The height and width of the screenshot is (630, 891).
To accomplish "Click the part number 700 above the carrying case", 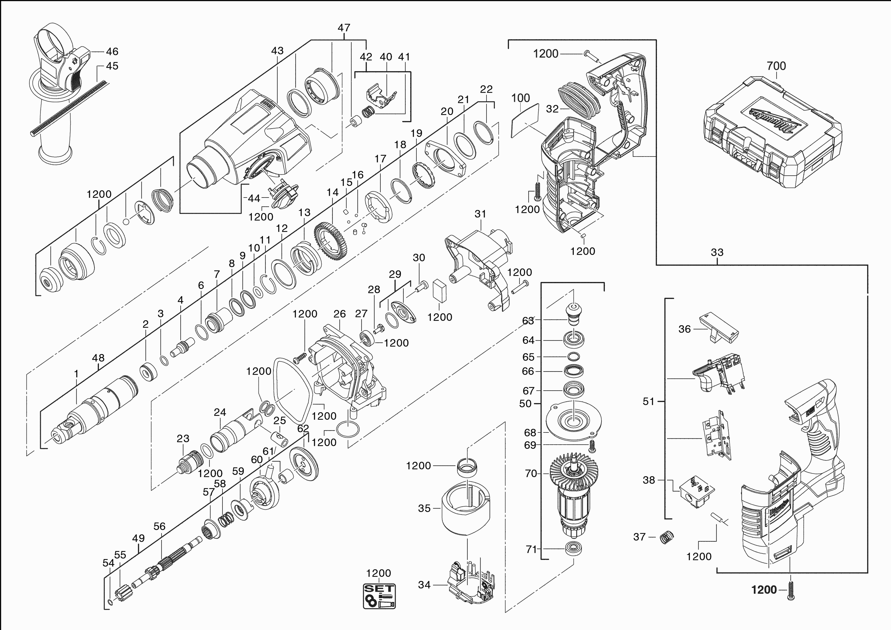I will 776,66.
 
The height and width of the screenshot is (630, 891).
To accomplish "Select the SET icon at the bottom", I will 379,596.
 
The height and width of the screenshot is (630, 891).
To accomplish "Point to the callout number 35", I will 424,508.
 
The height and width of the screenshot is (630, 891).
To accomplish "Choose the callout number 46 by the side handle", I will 112,51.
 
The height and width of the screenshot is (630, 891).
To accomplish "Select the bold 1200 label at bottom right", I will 764,590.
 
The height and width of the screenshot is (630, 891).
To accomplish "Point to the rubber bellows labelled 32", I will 579,102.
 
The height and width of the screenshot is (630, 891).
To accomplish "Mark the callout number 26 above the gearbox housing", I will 339,314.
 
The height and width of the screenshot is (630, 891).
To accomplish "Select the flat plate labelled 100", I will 525,120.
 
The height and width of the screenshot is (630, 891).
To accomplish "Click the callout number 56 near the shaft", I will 159,526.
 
